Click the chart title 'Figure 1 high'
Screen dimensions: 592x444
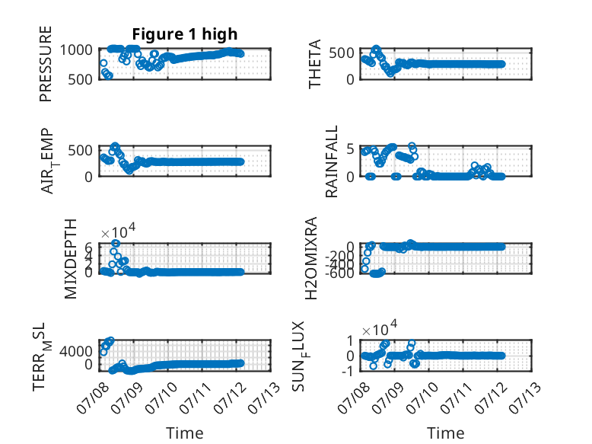click(x=185, y=34)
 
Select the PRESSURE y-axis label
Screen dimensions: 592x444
click(x=46, y=64)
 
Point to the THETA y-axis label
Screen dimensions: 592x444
click(x=314, y=64)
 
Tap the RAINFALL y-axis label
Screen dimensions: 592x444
click(x=331, y=161)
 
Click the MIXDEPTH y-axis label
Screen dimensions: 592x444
click(x=71, y=258)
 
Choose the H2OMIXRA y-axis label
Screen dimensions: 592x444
click(x=310, y=258)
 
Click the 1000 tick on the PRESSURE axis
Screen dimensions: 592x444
click(x=76, y=50)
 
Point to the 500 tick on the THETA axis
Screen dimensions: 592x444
click(x=342, y=53)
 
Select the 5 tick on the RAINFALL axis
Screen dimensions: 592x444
click(x=350, y=149)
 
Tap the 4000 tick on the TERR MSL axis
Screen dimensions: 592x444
click(x=76, y=351)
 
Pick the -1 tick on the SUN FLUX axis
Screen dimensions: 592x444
click(x=348, y=371)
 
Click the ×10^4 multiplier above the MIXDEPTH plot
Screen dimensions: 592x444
click(x=118, y=231)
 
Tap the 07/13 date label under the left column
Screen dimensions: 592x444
click(x=263, y=398)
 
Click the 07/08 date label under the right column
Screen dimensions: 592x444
click(x=353, y=398)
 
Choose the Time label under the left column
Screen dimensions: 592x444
click(x=185, y=433)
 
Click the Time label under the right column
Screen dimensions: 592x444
click(x=446, y=433)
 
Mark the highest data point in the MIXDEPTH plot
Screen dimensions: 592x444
click(x=116, y=244)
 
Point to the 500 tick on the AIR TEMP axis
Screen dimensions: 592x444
click(x=80, y=150)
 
